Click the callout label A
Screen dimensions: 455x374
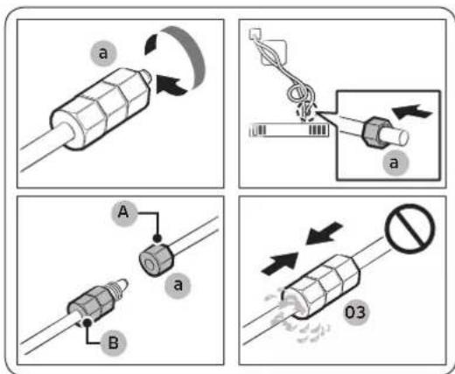pyautogui.click(x=123, y=213)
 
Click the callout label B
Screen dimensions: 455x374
pyautogui.click(x=113, y=343)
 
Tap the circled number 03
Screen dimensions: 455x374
pyautogui.click(x=355, y=313)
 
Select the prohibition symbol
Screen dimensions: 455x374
pyautogui.click(x=409, y=229)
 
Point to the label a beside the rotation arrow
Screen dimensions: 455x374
pyautogui.click(x=103, y=54)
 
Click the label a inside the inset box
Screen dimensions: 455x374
pyautogui.click(x=395, y=163)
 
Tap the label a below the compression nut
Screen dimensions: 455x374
pyautogui.click(x=178, y=286)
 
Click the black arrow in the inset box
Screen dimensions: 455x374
pyautogui.click(x=412, y=112)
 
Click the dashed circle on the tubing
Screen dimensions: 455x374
pyautogui.click(x=306, y=111)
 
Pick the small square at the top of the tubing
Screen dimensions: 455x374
pyautogui.click(x=255, y=33)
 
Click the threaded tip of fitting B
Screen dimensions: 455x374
pyautogui.click(x=120, y=287)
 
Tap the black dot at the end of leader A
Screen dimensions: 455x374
pyautogui.click(x=157, y=239)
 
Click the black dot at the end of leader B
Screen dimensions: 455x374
pyautogui.click(x=87, y=322)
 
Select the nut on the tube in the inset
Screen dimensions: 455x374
pyautogui.click(x=374, y=131)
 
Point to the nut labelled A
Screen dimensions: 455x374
pyautogui.click(x=156, y=260)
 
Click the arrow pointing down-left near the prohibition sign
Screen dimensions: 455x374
pyautogui.click(x=324, y=232)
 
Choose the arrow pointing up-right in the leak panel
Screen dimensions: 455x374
pyautogui.click(x=281, y=264)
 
